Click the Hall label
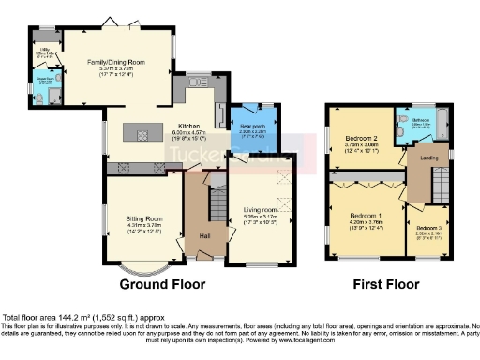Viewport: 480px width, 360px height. pyautogui.click(x=204, y=235)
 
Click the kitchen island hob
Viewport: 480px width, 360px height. pyautogui.click(x=143, y=136)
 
